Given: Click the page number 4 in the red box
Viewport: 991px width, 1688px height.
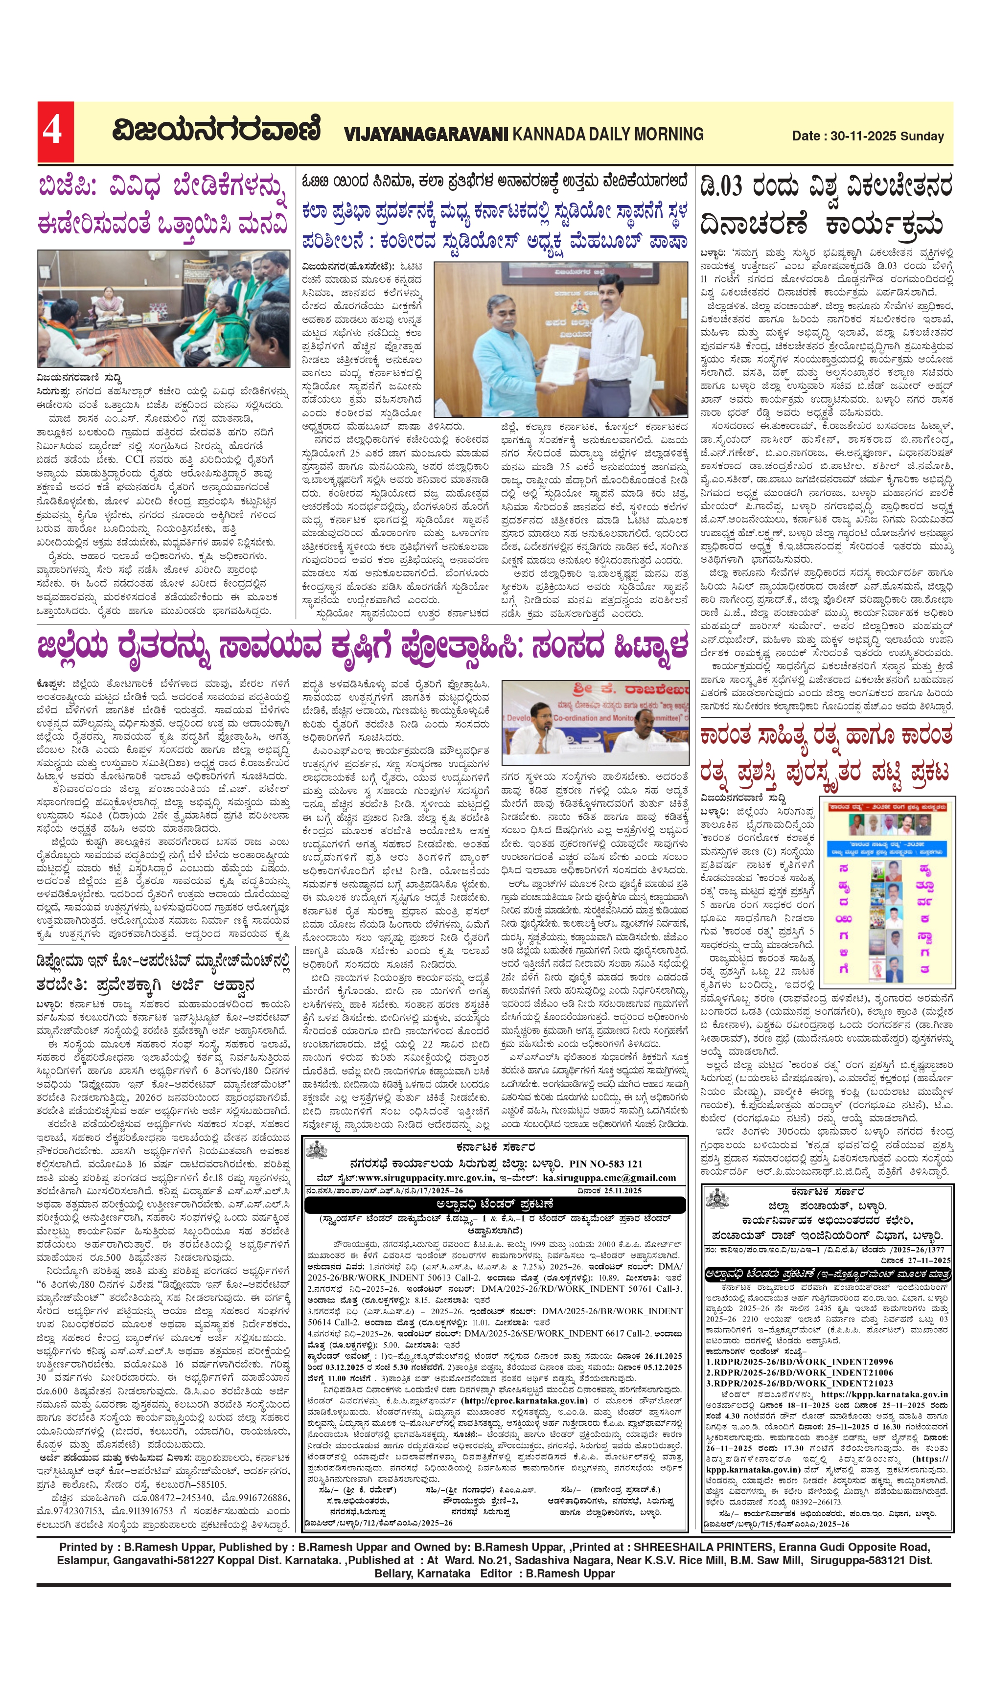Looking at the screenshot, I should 53,132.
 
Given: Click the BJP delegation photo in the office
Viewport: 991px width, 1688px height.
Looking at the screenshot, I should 163,309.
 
